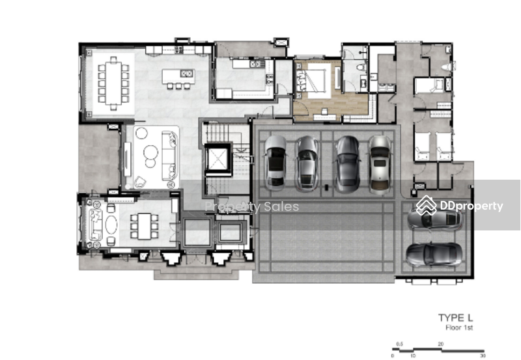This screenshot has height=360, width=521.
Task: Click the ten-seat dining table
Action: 113,83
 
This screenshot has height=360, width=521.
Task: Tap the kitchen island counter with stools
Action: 178,79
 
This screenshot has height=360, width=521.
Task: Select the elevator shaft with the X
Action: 218,159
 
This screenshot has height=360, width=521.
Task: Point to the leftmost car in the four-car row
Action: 275,163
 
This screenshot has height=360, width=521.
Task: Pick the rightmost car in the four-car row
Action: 380,165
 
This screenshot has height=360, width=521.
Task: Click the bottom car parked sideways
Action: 434,255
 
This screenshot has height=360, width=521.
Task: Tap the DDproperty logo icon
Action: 427,206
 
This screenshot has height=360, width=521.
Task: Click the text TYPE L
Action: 455,318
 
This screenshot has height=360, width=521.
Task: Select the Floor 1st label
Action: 459,328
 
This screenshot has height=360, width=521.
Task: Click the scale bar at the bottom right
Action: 438,350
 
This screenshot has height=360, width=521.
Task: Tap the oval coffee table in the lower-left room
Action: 111,225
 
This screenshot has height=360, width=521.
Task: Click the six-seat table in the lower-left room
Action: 144,226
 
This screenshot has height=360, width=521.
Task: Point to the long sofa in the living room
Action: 169,156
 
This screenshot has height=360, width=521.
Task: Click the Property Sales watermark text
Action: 251,206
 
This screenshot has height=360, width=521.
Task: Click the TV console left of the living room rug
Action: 127,159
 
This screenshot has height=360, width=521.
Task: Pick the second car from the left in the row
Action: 307,163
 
